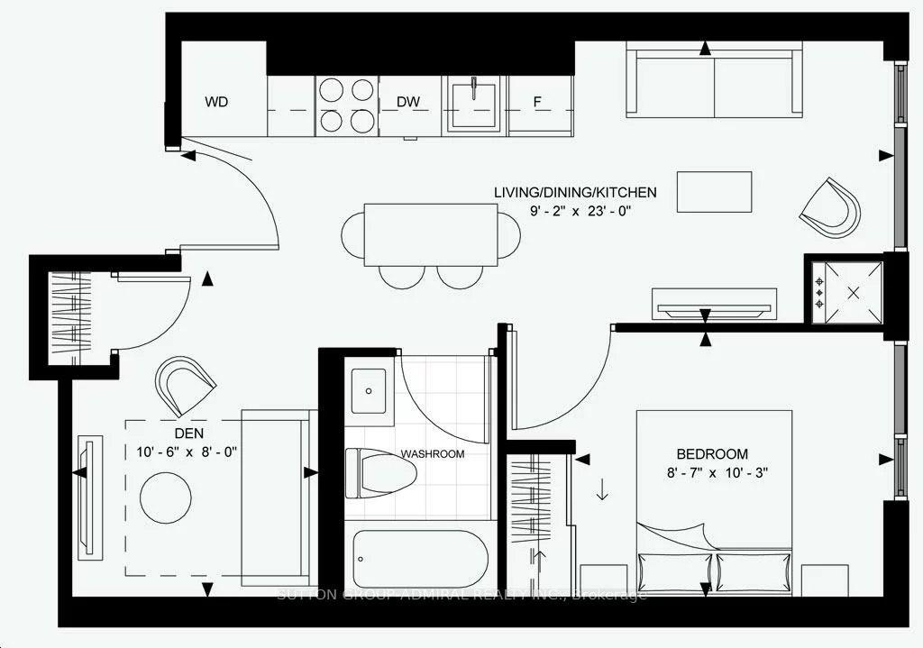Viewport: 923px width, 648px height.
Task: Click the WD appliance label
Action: click(216, 102)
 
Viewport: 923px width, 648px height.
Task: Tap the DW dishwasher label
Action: click(409, 102)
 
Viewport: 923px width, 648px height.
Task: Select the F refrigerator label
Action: click(537, 102)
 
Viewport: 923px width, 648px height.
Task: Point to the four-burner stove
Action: click(346, 105)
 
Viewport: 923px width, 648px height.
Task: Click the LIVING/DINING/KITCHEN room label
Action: click(575, 192)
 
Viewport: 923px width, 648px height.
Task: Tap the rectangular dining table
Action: click(431, 234)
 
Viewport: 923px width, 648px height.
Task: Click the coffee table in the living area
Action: click(714, 192)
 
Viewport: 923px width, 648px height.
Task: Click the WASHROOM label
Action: click(433, 453)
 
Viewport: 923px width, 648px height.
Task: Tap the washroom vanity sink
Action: click(370, 394)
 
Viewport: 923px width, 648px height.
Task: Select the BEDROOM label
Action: click(712, 453)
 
